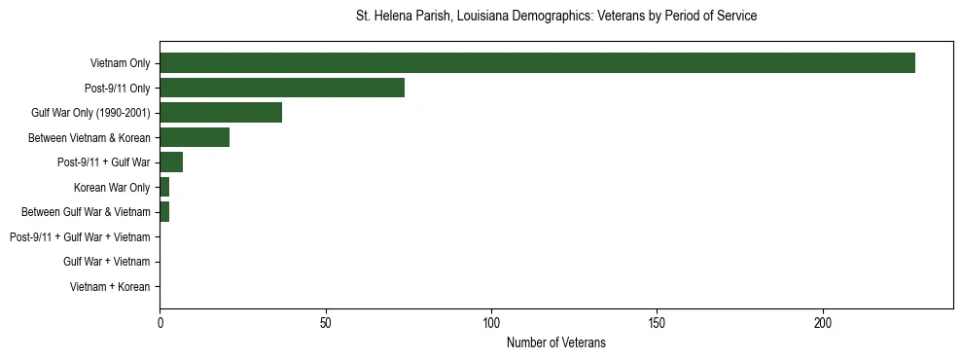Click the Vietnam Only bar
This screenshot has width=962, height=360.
[537, 63]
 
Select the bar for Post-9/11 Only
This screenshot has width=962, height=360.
[282, 88]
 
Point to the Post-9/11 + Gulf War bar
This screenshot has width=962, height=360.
[171, 162]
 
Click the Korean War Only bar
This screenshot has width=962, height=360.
[164, 187]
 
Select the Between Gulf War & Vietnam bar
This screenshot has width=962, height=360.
[164, 212]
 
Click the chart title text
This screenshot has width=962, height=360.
[556, 17]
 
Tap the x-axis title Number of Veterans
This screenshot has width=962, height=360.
[556, 342]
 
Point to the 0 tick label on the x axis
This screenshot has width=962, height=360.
[160, 322]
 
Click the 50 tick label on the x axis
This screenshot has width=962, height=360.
[326, 322]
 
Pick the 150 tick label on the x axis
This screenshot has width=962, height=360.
[658, 322]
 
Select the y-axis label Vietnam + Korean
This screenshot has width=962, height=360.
[110, 287]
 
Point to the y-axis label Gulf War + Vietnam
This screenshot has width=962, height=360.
[107, 262]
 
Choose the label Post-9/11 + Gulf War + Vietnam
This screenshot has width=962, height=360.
[80, 237]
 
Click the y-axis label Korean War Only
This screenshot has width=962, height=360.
[112, 187]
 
